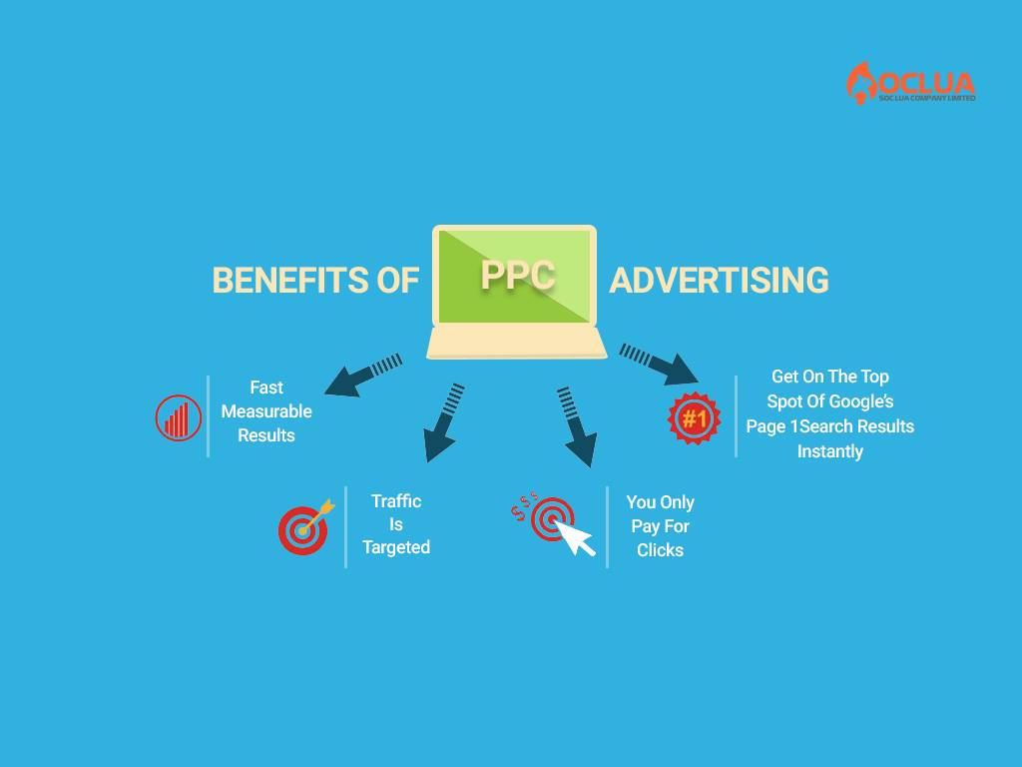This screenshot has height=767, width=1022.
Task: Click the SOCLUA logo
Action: coord(910,83)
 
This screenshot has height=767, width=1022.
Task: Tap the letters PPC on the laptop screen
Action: coord(518,275)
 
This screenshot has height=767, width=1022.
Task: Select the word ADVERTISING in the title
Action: coord(719,281)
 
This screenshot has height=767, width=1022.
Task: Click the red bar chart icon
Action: coord(178,418)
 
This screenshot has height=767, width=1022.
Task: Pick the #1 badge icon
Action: coord(695,418)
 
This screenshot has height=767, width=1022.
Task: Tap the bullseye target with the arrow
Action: coord(305,527)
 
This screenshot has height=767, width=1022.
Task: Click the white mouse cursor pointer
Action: coord(575,536)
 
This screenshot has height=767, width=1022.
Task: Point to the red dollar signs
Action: coord(524,504)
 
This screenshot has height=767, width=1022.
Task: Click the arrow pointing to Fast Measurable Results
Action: coord(363,376)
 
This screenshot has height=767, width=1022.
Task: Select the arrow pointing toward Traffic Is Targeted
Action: coord(444,422)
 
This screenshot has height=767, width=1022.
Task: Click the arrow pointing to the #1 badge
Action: coord(659,364)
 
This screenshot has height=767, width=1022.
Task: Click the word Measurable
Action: coord(266,411)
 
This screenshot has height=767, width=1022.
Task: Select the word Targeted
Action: coord(396,547)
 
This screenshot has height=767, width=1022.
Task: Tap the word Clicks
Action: coord(661,550)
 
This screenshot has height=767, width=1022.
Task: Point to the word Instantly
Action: coord(829,451)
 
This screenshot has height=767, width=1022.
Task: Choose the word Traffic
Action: coord(396,501)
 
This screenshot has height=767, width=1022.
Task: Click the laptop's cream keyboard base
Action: coord(517,344)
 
